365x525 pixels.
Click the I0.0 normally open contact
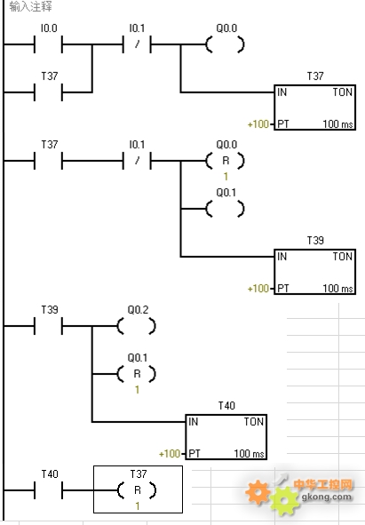coord(48,44)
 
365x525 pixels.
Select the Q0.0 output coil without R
coord(225,44)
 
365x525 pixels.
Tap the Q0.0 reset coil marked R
coord(225,161)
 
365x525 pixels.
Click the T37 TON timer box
coord(314,107)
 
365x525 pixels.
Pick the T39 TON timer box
coord(314,272)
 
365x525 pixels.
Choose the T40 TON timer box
coord(226,437)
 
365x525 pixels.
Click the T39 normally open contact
coord(48,326)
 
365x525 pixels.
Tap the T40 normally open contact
coord(48,490)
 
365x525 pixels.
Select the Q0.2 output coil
coord(137,326)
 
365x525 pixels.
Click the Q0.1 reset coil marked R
coord(137,374)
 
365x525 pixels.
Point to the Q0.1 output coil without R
coord(225,209)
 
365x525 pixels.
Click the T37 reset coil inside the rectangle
coord(137,490)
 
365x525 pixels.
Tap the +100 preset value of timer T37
coord(258,124)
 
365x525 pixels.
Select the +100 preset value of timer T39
coord(258,289)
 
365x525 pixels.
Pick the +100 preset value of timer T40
coord(170,454)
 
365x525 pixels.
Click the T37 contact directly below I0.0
coord(48,92)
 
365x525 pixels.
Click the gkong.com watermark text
coord(327,497)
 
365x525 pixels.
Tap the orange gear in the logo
coord(258,491)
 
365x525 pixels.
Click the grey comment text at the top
coord(30,6)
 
